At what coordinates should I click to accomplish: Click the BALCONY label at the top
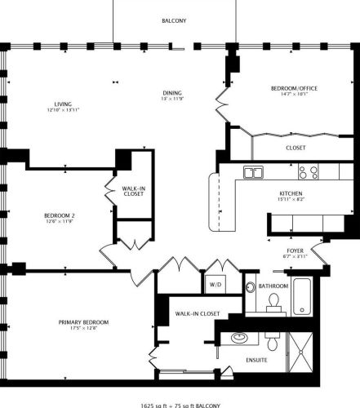coord(172,21)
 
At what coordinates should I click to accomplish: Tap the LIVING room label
coord(63,104)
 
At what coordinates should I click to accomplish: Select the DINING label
coord(171,93)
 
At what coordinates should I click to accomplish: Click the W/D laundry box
coord(216,285)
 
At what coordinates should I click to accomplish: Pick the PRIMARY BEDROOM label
coord(84,322)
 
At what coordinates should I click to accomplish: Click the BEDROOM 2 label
coord(60,215)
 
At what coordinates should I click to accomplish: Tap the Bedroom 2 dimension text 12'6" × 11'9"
coord(60,222)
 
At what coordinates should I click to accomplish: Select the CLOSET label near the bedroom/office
coord(296,149)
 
